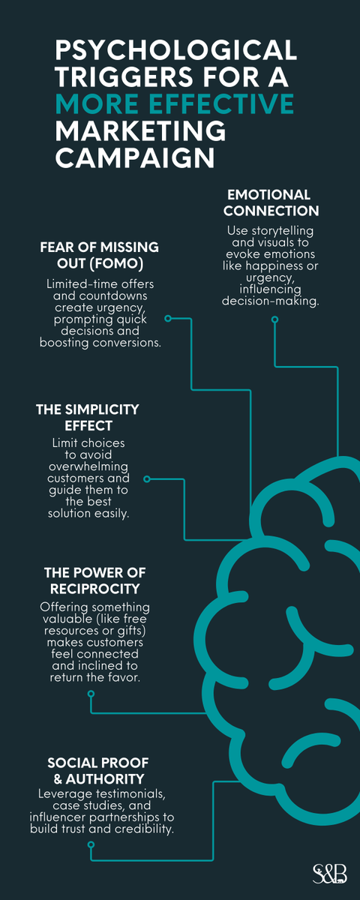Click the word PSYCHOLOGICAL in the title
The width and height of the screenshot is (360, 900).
pos(175,49)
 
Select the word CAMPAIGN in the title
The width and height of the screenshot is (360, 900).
pos(135,157)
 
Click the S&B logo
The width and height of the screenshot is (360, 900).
pos(329,874)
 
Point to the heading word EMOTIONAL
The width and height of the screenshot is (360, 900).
pos(268,195)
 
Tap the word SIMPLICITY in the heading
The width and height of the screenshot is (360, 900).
pos(102,409)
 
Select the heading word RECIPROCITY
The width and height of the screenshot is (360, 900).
pos(94,589)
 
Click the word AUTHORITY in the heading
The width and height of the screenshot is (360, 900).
pos(104,778)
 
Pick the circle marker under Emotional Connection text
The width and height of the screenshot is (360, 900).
pos(274,319)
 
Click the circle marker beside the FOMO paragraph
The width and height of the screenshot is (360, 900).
pos(168,319)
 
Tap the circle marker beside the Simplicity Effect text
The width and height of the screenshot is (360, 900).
pos(147,479)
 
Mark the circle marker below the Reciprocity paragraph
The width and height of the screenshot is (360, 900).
pos(91,694)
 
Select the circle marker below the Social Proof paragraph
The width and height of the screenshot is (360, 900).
pos(91,845)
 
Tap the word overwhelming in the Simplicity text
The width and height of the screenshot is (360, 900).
pos(88,466)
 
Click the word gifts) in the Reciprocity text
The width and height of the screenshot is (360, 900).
pos(131,631)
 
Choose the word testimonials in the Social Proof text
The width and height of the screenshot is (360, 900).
pos(130,793)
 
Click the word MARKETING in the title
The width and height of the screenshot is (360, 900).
pos(140,130)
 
